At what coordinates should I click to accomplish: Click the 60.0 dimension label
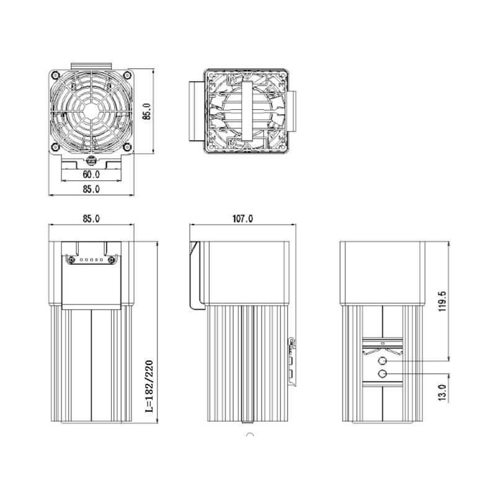91,174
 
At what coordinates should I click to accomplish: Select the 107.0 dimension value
242,218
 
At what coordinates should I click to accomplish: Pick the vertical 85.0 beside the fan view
146,112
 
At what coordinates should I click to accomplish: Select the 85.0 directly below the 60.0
91,189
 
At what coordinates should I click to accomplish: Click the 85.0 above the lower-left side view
91,218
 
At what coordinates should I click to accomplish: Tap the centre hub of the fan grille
91,112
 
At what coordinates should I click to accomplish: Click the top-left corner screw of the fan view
55,76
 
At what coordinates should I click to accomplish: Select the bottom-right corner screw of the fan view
127,147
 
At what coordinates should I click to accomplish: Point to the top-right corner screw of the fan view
127,76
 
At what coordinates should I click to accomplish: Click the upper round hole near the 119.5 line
383,361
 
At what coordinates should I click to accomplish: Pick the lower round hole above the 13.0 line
383,373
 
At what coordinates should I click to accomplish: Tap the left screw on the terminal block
72,260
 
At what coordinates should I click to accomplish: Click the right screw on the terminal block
111,260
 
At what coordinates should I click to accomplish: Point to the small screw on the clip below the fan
91,161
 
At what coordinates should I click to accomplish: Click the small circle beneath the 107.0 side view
249,435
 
